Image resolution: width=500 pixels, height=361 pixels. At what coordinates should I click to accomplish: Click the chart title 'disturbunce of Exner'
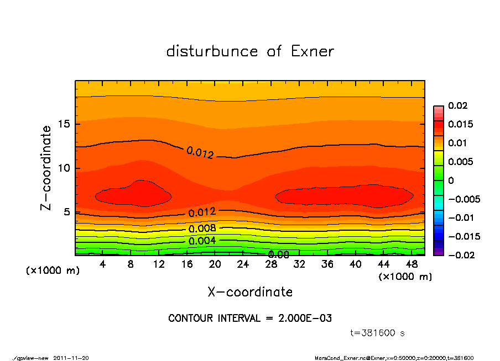[x=250, y=51]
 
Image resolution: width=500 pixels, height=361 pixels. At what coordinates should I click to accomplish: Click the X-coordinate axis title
[x=250, y=292]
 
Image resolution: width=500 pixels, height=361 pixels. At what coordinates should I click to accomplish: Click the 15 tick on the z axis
[x=65, y=124]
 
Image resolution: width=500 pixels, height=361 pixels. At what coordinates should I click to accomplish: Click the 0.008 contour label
[x=202, y=229]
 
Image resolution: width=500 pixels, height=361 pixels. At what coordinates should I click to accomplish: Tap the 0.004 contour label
[x=202, y=241]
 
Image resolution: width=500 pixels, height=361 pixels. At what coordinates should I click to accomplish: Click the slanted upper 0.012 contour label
[x=200, y=153]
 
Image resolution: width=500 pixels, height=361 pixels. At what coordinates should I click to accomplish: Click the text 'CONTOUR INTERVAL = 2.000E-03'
[x=250, y=318]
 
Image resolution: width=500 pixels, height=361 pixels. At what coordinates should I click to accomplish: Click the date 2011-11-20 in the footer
[x=71, y=358]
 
